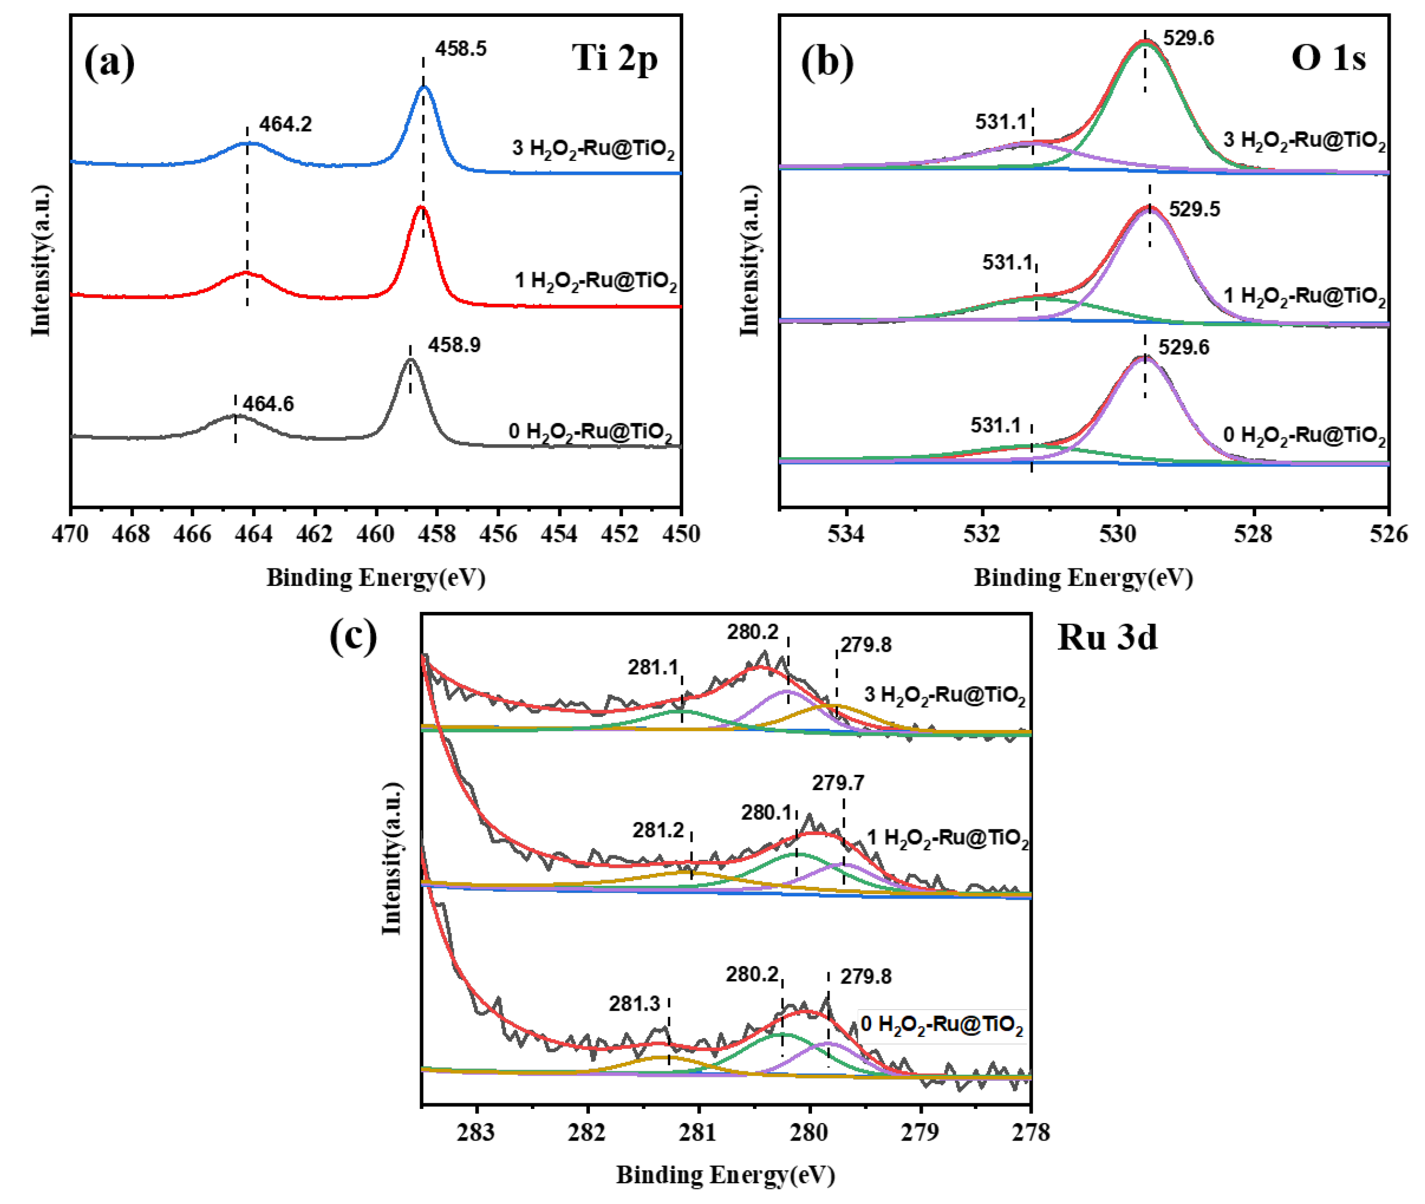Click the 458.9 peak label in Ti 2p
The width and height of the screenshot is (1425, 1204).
pos(454,345)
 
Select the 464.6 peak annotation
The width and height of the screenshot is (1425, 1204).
pos(268,404)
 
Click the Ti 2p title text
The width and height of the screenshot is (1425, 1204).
pos(614,58)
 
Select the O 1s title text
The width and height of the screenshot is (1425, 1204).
pos(1327,58)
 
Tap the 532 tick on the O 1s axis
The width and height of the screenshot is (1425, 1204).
pos(982,534)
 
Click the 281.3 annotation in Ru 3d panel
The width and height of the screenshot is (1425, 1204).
pos(635,1004)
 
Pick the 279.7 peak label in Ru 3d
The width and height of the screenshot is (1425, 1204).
pos(837,783)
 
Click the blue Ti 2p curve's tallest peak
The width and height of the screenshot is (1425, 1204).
pos(424,87)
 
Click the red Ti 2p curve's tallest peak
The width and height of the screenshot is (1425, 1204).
pos(421,207)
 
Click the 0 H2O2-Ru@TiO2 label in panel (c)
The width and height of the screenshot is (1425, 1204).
pos(942,1025)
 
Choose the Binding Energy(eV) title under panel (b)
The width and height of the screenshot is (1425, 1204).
pos(1083,578)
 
